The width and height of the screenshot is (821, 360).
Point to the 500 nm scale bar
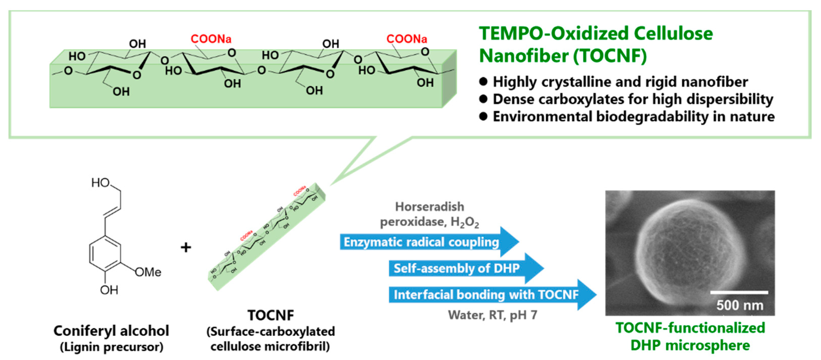pyautogui.click(x=739, y=292)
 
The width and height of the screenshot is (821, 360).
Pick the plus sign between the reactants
pyautogui.click(x=186, y=247)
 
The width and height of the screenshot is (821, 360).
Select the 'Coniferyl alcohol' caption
pyautogui.click(x=111, y=331)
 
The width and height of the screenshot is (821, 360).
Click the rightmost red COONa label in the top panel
pyautogui.click(x=406, y=39)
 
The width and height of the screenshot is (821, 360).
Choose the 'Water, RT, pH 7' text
pyautogui.click(x=492, y=315)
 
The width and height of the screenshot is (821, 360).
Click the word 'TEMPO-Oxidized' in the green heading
pyautogui.click(x=554, y=33)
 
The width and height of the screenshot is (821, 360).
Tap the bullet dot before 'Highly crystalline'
pyautogui.click(x=483, y=82)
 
